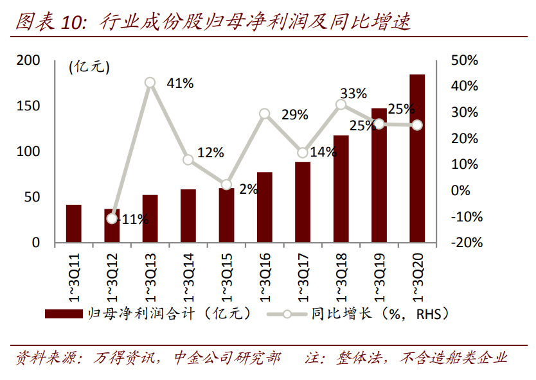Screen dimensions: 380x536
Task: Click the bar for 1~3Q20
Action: coord(417,159)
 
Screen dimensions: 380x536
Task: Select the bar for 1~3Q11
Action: coord(74,224)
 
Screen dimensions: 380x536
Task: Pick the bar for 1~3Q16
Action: coord(265,207)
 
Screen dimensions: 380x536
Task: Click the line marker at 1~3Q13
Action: coord(150,83)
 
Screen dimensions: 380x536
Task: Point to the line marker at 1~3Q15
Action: coord(226,185)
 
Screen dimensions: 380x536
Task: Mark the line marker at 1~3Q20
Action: coord(417,125)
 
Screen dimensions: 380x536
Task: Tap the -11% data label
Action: coord(133,220)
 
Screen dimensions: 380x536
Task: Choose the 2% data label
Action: coord(247,189)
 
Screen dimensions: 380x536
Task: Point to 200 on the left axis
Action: coord(28,61)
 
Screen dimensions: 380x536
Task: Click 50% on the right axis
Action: coord(465,61)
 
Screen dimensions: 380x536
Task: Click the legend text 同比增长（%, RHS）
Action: coord(379,314)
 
